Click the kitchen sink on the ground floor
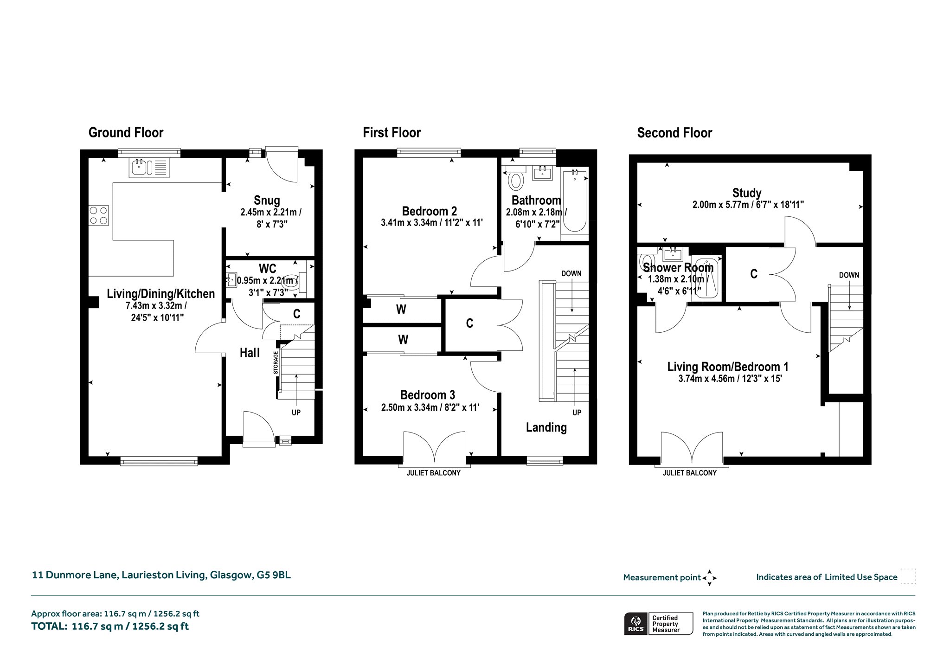coord(150,168)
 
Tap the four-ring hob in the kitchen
coord(98,215)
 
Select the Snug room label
coord(267,200)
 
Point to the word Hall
coord(250,353)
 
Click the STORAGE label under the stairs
coord(276,362)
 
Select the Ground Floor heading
coord(126,133)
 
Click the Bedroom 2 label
coord(430,211)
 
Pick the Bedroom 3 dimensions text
coord(430,408)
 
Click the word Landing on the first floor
coord(546,427)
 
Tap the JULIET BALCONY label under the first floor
coord(433,473)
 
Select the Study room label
coord(747,193)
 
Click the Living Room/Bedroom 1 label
coord(728,367)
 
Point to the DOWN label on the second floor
coord(849,275)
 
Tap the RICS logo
coord(635,623)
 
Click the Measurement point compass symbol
coord(710,578)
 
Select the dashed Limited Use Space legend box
coord(908,576)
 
